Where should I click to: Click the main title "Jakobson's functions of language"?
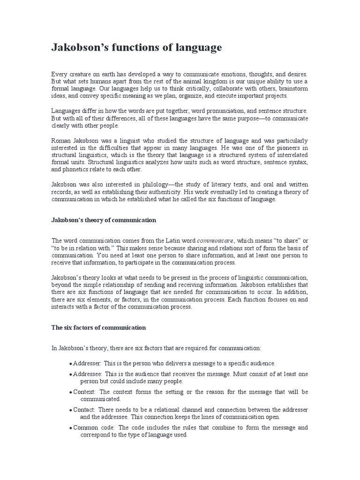136,48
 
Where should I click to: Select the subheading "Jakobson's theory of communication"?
103,220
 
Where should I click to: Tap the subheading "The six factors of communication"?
98,328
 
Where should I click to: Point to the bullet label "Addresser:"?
87,363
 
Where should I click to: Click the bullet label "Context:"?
85,392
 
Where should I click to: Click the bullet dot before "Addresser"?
70,364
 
